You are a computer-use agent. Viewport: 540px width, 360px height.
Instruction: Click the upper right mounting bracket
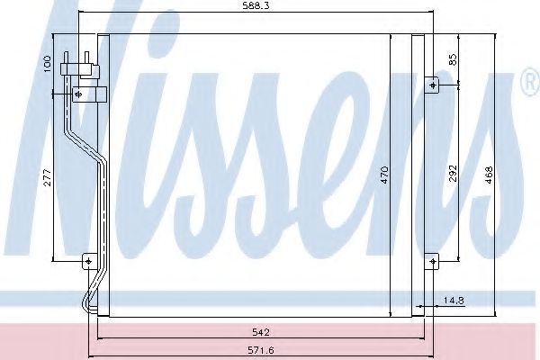(433, 85)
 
